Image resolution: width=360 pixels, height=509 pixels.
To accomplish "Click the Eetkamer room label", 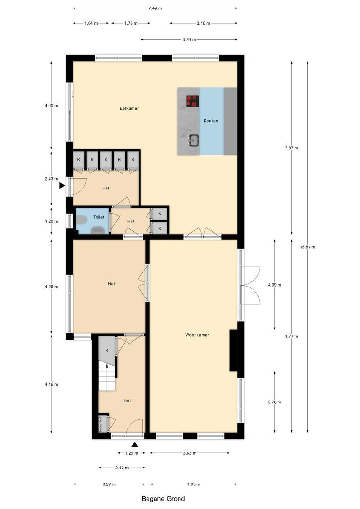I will coord(129,108).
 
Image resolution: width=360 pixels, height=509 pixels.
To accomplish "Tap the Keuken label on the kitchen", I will coord(211,121).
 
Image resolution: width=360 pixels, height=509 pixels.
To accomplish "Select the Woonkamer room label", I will coord(197,335).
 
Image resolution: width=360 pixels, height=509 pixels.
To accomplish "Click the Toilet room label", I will coord(98,218).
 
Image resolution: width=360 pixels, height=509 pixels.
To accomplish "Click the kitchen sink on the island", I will coord(193,140).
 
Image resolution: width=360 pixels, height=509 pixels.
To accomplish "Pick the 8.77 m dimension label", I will coord(292,337).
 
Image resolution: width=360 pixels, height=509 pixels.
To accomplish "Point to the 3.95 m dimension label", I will coord(194,484).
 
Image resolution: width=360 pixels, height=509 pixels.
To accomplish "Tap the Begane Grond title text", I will coord(163,499).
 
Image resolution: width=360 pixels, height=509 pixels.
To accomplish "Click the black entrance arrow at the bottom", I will coord(135,444).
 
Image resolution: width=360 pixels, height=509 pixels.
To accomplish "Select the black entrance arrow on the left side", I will coord(62,186).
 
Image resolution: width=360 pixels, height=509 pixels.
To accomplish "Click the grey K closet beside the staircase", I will coord(107,350).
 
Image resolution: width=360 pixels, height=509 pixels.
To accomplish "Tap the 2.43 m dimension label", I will coord(51,179).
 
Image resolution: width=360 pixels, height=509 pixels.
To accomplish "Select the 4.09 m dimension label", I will coord(274,285).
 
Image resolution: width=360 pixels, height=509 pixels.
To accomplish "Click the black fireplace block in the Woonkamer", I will coord(233,351).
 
